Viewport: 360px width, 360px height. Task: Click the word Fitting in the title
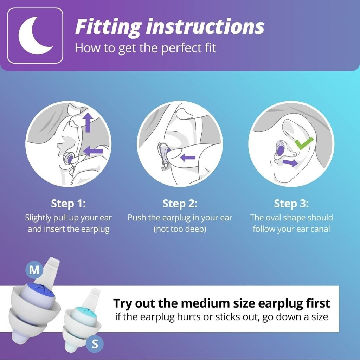[x=108, y=27]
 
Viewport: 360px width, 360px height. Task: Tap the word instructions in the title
[x=205, y=27]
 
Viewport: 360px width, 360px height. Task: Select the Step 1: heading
[x=69, y=204]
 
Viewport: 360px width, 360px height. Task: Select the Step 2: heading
[x=180, y=204]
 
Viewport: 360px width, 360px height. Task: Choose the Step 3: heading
[x=291, y=204]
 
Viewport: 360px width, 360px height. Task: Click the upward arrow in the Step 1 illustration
[x=88, y=123]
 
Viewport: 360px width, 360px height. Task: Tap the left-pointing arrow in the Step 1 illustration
[x=94, y=151]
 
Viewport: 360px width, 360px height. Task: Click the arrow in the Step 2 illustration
[x=188, y=157]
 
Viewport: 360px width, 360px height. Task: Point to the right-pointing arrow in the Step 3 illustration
[x=290, y=162]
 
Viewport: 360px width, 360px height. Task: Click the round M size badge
[x=34, y=270]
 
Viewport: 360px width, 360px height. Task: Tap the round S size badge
[x=95, y=344]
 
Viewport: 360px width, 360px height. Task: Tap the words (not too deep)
[x=180, y=229]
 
